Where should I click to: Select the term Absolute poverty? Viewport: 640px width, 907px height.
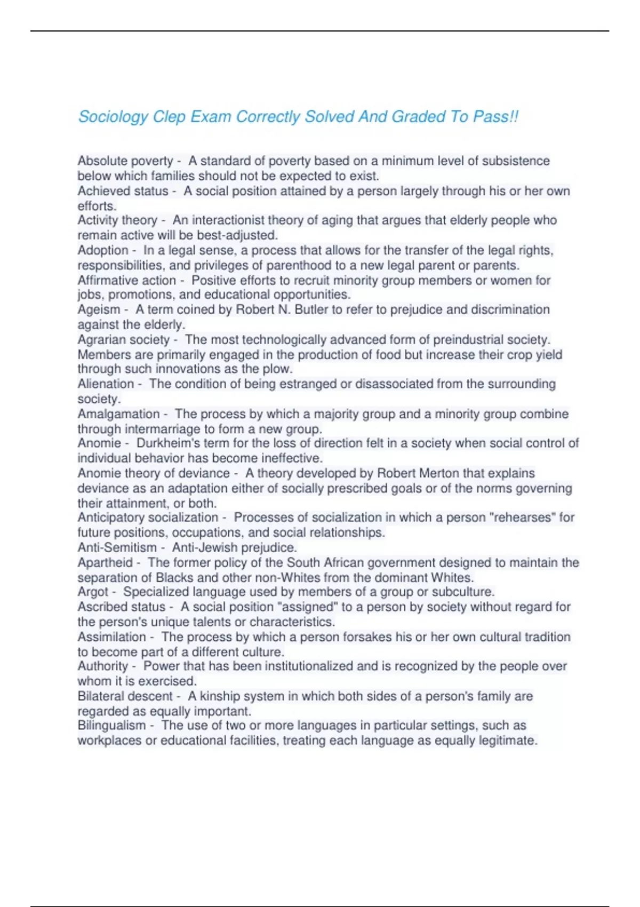125,161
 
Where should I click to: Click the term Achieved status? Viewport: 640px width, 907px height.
123,191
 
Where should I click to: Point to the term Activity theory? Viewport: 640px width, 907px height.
117,220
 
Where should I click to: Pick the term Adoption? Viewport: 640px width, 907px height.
103,250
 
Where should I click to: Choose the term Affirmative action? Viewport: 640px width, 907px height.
126,281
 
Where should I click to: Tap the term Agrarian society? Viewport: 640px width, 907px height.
123,340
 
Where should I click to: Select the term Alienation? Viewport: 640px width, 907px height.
106,384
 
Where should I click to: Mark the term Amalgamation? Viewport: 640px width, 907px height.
118,414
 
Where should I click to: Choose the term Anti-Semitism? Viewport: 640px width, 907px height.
117,548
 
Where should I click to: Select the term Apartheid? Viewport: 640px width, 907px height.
105,563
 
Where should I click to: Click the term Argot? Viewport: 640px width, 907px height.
93,592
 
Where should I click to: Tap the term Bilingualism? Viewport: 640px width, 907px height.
111,726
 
